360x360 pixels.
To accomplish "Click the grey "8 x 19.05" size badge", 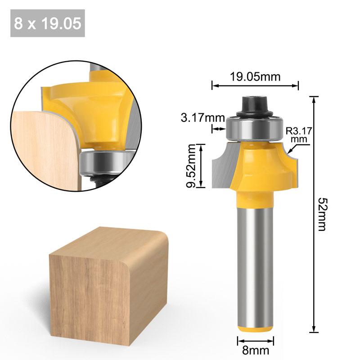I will click(47, 23).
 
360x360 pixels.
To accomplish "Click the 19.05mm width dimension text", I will click(255, 76).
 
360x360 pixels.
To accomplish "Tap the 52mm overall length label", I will click(321, 214).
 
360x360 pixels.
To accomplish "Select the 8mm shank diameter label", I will click(255, 350).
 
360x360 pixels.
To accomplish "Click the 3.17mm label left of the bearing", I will click(202, 118).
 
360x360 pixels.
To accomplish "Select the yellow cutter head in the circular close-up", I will click(90, 108).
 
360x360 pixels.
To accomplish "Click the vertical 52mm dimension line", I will click(314, 214).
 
